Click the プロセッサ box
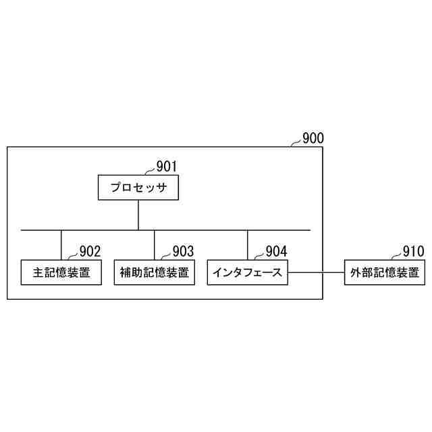(138, 188)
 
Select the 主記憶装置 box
(61, 273)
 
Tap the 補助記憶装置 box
(154, 273)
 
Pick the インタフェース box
(247, 273)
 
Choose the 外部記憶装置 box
(385, 273)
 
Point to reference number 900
(313, 138)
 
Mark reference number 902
(90, 251)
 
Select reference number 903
(183, 251)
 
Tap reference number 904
(276, 251)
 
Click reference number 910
(413, 251)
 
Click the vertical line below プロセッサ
(138, 215)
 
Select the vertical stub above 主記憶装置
(61, 245)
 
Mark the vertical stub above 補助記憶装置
(154, 245)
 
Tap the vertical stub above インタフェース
(247, 245)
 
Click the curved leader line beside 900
(296, 142)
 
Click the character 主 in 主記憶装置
(38, 273)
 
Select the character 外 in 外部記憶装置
(356, 273)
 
